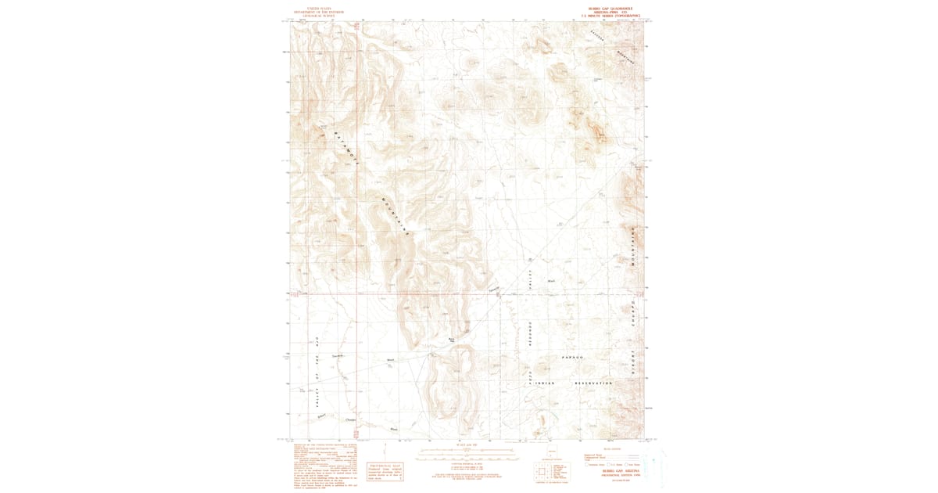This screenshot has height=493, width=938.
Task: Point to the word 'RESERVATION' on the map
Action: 593,383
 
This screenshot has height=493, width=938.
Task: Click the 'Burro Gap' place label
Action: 452,340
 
